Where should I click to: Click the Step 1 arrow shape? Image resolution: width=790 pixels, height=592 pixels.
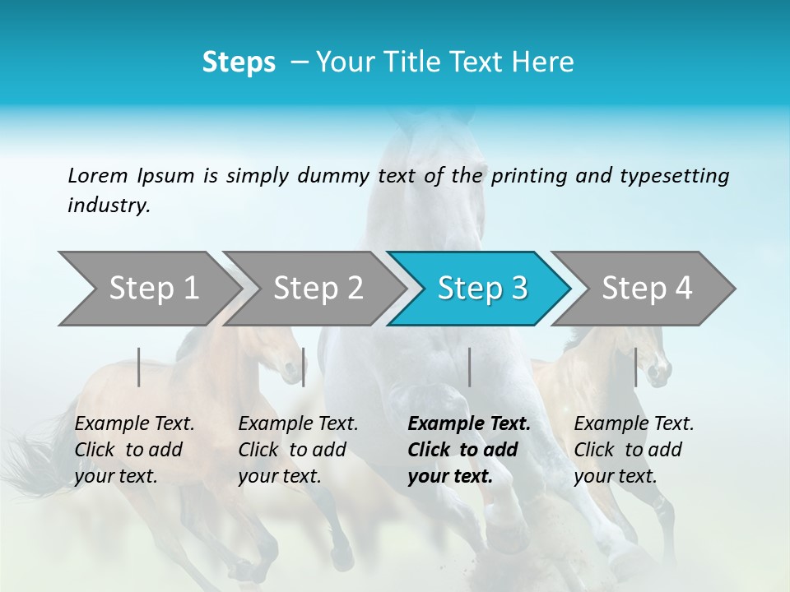coord(152,289)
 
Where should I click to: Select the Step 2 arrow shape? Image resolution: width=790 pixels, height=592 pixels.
coord(317,289)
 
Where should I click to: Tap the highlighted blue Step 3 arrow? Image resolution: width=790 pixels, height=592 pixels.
coord(481,289)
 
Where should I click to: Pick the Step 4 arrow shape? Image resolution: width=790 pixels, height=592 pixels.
coord(646,289)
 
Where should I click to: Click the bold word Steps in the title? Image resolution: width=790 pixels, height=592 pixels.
coord(239,62)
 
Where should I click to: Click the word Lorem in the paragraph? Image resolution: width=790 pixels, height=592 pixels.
coord(97,175)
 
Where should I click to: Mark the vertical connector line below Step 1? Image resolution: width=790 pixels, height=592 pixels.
coord(139,367)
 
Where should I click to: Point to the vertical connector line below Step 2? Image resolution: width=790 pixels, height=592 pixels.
coord(304,367)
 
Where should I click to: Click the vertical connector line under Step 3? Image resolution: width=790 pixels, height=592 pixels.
coord(469,367)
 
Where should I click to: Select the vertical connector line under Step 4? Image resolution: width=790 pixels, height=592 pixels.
coord(635,367)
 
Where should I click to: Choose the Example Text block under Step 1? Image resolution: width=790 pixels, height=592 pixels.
coord(134,450)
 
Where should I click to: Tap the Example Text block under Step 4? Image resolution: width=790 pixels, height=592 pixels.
coord(634,450)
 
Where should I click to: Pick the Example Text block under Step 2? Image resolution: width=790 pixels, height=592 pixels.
coord(298,450)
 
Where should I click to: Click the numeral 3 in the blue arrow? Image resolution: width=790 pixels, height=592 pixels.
coord(518,289)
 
